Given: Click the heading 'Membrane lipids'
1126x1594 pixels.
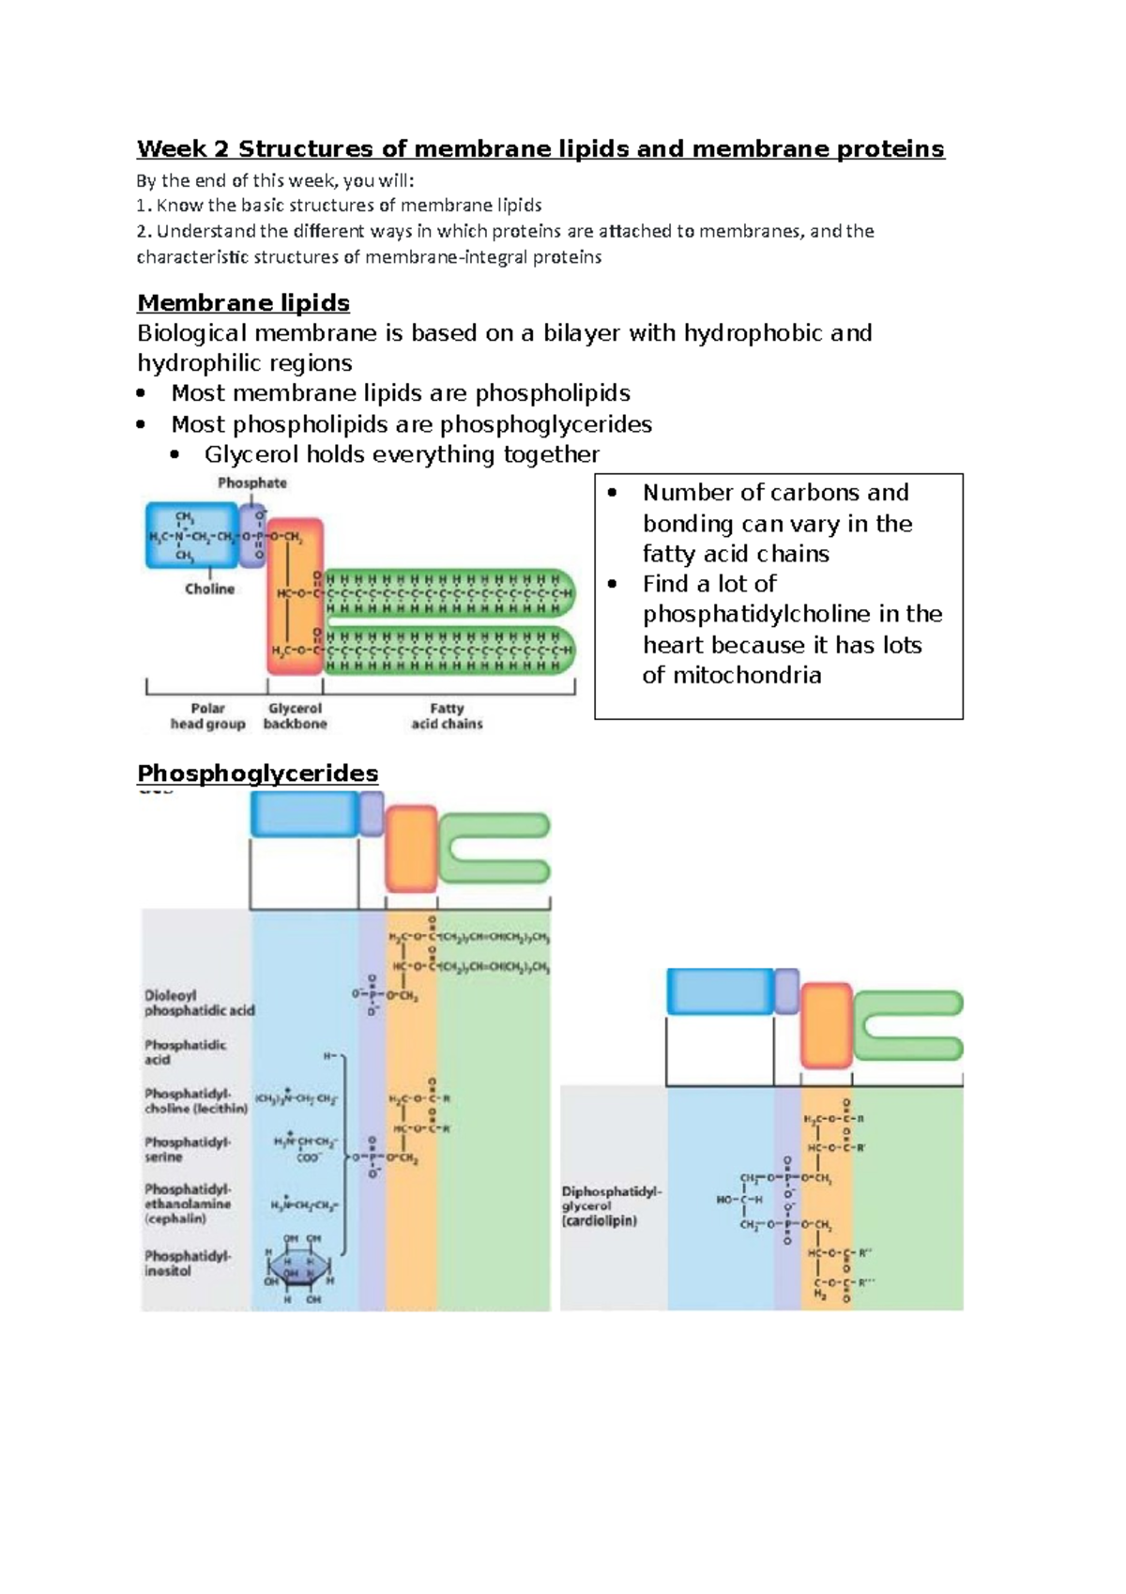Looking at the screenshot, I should [x=243, y=303].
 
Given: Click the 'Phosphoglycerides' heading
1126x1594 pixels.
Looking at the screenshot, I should [x=257, y=774].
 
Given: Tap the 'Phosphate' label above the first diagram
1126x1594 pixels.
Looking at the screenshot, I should [x=251, y=483].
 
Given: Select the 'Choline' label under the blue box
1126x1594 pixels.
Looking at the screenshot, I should [x=209, y=590].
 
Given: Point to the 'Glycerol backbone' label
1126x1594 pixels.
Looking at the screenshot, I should [x=295, y=716].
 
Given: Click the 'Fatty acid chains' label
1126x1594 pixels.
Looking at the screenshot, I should [x=447, y=716].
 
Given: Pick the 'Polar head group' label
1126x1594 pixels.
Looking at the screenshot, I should [x=207, y=716].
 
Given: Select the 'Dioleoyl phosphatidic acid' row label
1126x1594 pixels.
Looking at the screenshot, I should [x=199, y=1003].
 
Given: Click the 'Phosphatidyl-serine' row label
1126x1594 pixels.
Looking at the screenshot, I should [x=187, y=1149].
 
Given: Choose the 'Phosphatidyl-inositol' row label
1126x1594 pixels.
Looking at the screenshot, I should [x=187, y=1263].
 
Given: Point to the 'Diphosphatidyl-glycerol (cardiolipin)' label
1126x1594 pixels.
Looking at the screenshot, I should [x=611, y=1206].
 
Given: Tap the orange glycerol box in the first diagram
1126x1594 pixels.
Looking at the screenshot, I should [x=295, y=596].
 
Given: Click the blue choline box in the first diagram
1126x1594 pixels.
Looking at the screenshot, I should [x=191, y=535].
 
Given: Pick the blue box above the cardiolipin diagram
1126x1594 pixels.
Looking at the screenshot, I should [x=720, y=991].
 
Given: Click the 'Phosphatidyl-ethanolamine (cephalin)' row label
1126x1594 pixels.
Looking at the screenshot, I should [x=187, y=1203].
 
